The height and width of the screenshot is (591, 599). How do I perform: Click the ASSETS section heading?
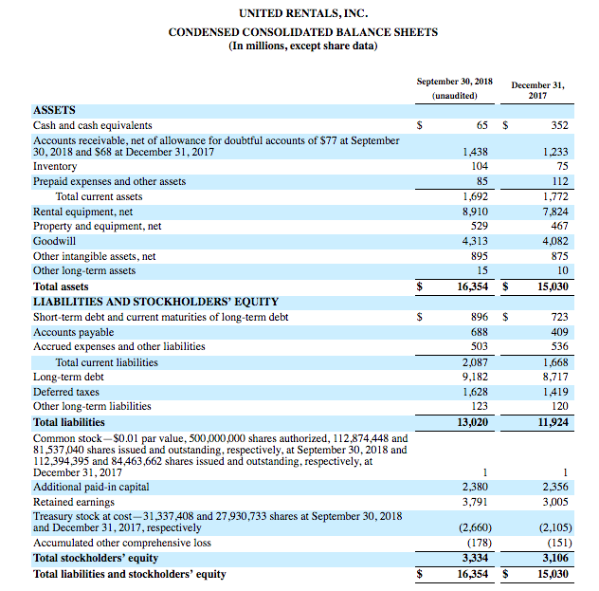pyautogui.click(x=54, y=110)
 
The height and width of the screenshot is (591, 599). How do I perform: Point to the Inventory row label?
pyautogui.click(x=55, y=166)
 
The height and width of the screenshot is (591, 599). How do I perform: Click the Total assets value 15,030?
pyautogui.click(x=551, y=286)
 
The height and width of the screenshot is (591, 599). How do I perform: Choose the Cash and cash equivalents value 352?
pyautogui.click(x=559, y=125)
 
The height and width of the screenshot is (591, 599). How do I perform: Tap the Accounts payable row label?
pyautogui.click(x=73, y=332)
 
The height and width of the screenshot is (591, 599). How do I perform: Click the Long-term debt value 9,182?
pyautogui.click(x=474, y=377)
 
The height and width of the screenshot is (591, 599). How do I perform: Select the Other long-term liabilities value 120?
pyautogui.click(x=558, y=407)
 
